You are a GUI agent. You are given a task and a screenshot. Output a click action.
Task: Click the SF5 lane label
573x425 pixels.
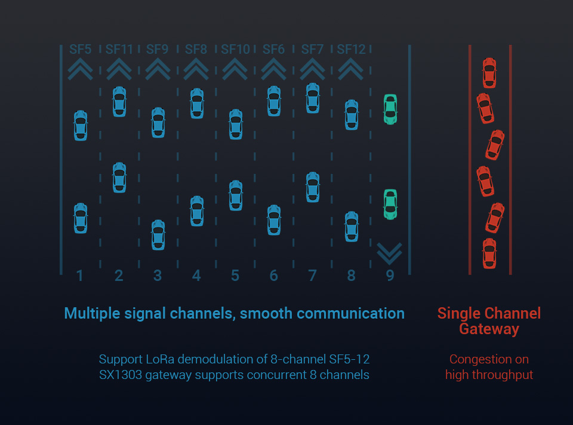tap(81, 49)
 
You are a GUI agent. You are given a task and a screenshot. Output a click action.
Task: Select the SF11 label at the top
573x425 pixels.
tap(119, 49)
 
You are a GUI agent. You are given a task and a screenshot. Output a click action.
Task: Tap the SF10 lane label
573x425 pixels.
tap(235, 49)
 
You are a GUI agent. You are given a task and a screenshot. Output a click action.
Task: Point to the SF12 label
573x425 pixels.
tap(351, 49)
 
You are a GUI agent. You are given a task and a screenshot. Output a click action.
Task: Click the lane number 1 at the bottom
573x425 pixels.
tap(79, 276)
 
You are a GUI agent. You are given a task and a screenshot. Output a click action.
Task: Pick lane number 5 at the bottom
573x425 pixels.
tap(235, 276)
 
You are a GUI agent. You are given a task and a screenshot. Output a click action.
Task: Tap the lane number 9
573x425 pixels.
tap(390, 276)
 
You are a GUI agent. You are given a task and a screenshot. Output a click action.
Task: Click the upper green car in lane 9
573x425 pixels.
tap(390, 109)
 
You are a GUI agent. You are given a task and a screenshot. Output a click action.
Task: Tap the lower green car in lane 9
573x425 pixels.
tap(390, 204)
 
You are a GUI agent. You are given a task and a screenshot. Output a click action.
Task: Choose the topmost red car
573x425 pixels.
tap(489, 73)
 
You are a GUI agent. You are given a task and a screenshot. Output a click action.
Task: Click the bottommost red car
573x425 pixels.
tap(489, 253)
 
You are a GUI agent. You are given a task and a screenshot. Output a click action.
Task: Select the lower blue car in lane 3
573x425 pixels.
tap(158, 235)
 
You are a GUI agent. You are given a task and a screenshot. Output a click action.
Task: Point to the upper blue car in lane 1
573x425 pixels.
tap(81, 126)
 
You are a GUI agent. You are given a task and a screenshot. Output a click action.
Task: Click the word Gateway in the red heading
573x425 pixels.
tap(489, 329)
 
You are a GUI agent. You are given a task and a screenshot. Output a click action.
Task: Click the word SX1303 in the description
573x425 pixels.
tap(120, 375)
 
